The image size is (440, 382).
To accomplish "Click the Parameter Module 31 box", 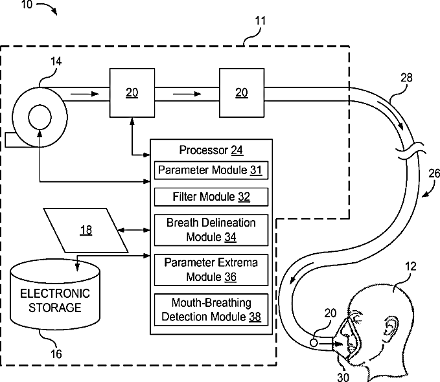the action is tap(211, 170).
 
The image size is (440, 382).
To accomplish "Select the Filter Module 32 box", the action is tap(211, 197).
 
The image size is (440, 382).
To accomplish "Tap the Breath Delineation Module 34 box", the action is tap(211, 230).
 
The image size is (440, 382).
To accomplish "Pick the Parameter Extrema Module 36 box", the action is tap(211, 270).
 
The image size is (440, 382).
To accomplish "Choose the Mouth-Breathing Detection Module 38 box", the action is tap(211, 309).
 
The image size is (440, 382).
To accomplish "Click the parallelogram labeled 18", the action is tap(86, 230).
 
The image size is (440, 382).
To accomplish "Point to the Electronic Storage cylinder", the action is tap(55, 294).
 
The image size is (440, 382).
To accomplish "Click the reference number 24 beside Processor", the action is tap(237, 150).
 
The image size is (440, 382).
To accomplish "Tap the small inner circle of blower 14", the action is tap(40, 117).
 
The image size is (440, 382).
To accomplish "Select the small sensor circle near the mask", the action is tap(314, 343).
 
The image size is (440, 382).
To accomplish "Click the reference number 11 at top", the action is tap(260, 21).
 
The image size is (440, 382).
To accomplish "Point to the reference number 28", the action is tap(406, 78).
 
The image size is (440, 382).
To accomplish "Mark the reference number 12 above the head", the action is tap(411, 267).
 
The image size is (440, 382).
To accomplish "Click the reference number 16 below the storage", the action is tap(56, 354).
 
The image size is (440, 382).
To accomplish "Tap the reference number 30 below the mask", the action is tap(343, 377).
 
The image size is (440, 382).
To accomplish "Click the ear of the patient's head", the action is tap(391, 329).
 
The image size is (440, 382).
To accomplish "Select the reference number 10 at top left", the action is tap(27, 5).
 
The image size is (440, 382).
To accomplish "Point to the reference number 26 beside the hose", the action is tap(434, 174).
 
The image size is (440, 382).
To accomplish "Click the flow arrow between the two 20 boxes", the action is tap(187, 94).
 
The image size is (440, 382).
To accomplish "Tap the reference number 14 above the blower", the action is tap(56, 62).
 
